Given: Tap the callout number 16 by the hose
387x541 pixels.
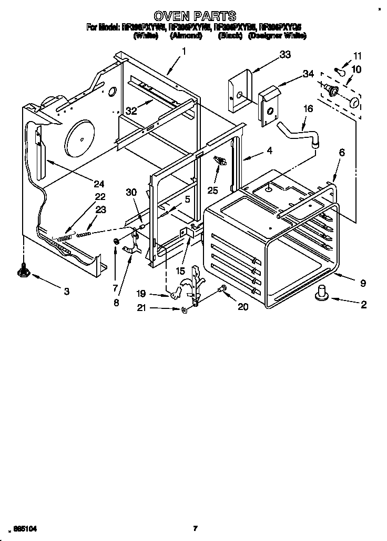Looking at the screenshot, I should pos(308,108).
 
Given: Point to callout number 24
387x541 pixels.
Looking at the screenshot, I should pos(99,184).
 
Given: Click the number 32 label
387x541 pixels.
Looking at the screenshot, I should pos(131,111).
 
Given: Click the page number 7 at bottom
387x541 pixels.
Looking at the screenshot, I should pos(195,528).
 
